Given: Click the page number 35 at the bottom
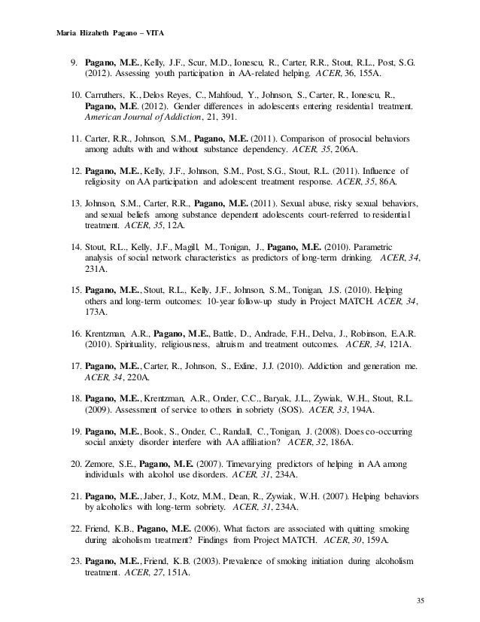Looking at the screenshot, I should tap(419, 600).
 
